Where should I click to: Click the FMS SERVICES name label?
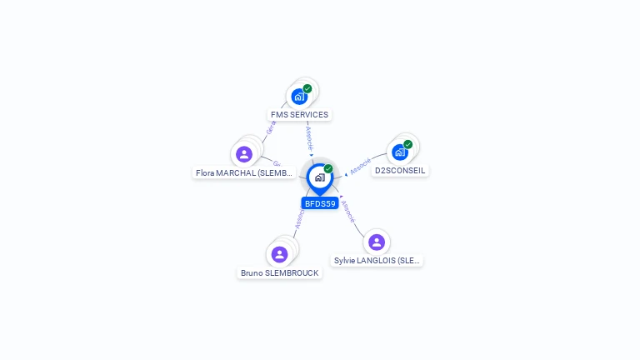coord(299,114)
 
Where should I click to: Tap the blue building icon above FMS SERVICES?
coord(299,97)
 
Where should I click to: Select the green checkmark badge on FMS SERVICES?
coord(307,88)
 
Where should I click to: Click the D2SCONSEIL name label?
coord(400,170)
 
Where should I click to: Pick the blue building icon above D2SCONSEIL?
coord(400,152)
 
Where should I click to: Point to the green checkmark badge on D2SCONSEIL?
coord(408,144)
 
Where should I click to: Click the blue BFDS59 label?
coord(320,203)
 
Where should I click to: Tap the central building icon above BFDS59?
coord(319,177)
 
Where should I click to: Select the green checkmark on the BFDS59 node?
coord(328,168)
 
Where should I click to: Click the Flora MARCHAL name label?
coord(244,173)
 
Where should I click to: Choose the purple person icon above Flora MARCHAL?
coord(244,154)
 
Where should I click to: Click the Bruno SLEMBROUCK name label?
coord(279,272)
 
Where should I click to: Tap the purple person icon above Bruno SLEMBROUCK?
coord(279,254)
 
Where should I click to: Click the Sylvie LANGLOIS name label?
coord(377,260)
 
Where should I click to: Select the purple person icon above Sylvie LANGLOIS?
coord(377,242)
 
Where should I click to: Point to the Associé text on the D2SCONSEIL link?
coord(360,166)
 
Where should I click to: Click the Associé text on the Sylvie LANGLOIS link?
coord(348,212)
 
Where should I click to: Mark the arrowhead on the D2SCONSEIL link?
coord(347,173)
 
